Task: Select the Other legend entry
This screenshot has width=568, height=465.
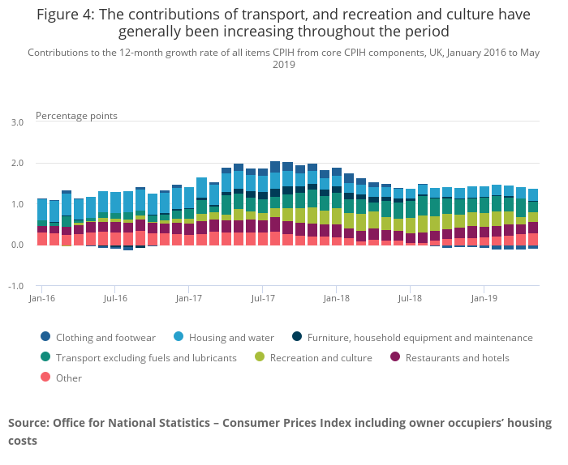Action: (69, 378)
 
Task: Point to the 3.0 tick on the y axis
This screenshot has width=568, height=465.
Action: (17, 122)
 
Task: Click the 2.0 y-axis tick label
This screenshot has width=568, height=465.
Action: (17, 164)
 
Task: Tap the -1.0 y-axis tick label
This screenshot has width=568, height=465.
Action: (16, 287)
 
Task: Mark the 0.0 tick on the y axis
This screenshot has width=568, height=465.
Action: (17, 245)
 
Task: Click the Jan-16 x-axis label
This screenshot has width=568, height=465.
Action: (41, 298)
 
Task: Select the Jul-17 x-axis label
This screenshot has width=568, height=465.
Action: (262, 298)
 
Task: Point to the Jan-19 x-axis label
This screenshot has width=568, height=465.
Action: (484, 298)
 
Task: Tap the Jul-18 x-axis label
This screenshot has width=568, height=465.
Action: (410, 298)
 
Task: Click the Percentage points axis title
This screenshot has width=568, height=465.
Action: (76, 116)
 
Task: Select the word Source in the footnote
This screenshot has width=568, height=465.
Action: (28, 423)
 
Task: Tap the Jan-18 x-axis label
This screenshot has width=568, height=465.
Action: (336, 298)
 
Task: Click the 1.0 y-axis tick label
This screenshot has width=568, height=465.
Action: (17, 205)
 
